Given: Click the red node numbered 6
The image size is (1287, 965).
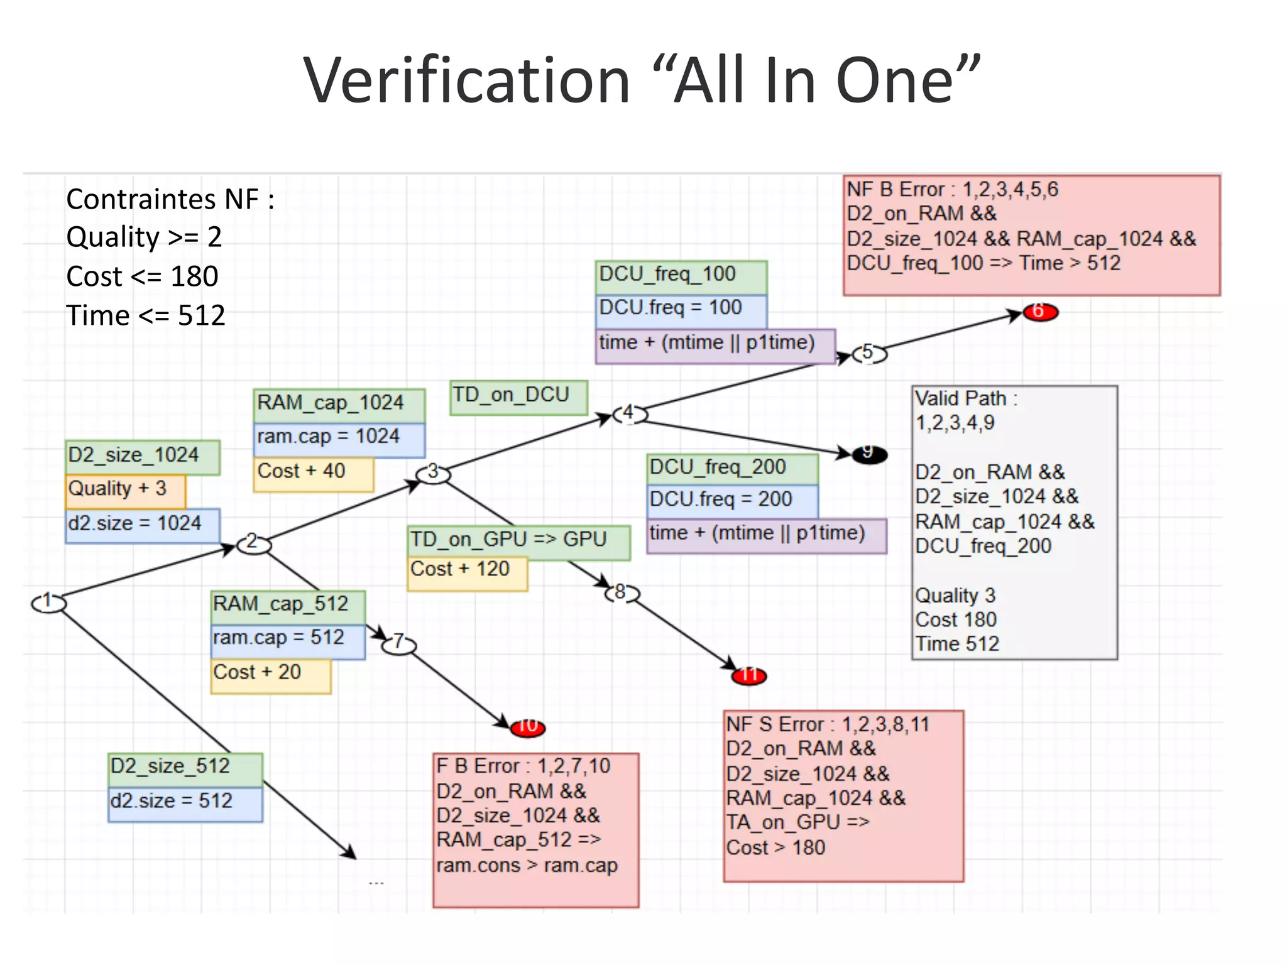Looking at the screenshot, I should click(x=1040, y=312).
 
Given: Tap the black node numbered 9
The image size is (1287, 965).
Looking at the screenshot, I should click(x=869, y=454).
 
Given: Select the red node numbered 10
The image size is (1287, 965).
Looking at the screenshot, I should click(x=527, y=728).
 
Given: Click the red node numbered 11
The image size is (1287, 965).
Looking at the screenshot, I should click(x=748, y=676).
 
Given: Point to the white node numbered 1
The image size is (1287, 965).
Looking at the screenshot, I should click(x=48, y=603).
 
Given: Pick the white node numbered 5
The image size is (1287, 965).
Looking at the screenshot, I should click(x=869, y=354).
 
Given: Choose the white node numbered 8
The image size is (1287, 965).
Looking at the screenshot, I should click(x=622, y=593).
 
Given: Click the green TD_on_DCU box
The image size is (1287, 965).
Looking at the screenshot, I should click(x=518, y=397).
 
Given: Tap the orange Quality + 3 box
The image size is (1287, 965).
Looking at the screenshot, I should click(x=125, y=491).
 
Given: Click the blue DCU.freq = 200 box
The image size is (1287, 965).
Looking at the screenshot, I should click(x=732, y=501).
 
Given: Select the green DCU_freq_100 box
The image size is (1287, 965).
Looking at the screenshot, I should click(x=681, y=277).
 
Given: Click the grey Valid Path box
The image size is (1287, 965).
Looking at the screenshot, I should click(x=1014, y=521).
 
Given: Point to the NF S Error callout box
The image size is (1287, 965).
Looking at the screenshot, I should click(x=843, y=795).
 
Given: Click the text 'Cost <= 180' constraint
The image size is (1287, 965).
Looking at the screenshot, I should click(x=143, y=276).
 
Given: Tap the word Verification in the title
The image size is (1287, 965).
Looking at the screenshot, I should click(x=466, y=80).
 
